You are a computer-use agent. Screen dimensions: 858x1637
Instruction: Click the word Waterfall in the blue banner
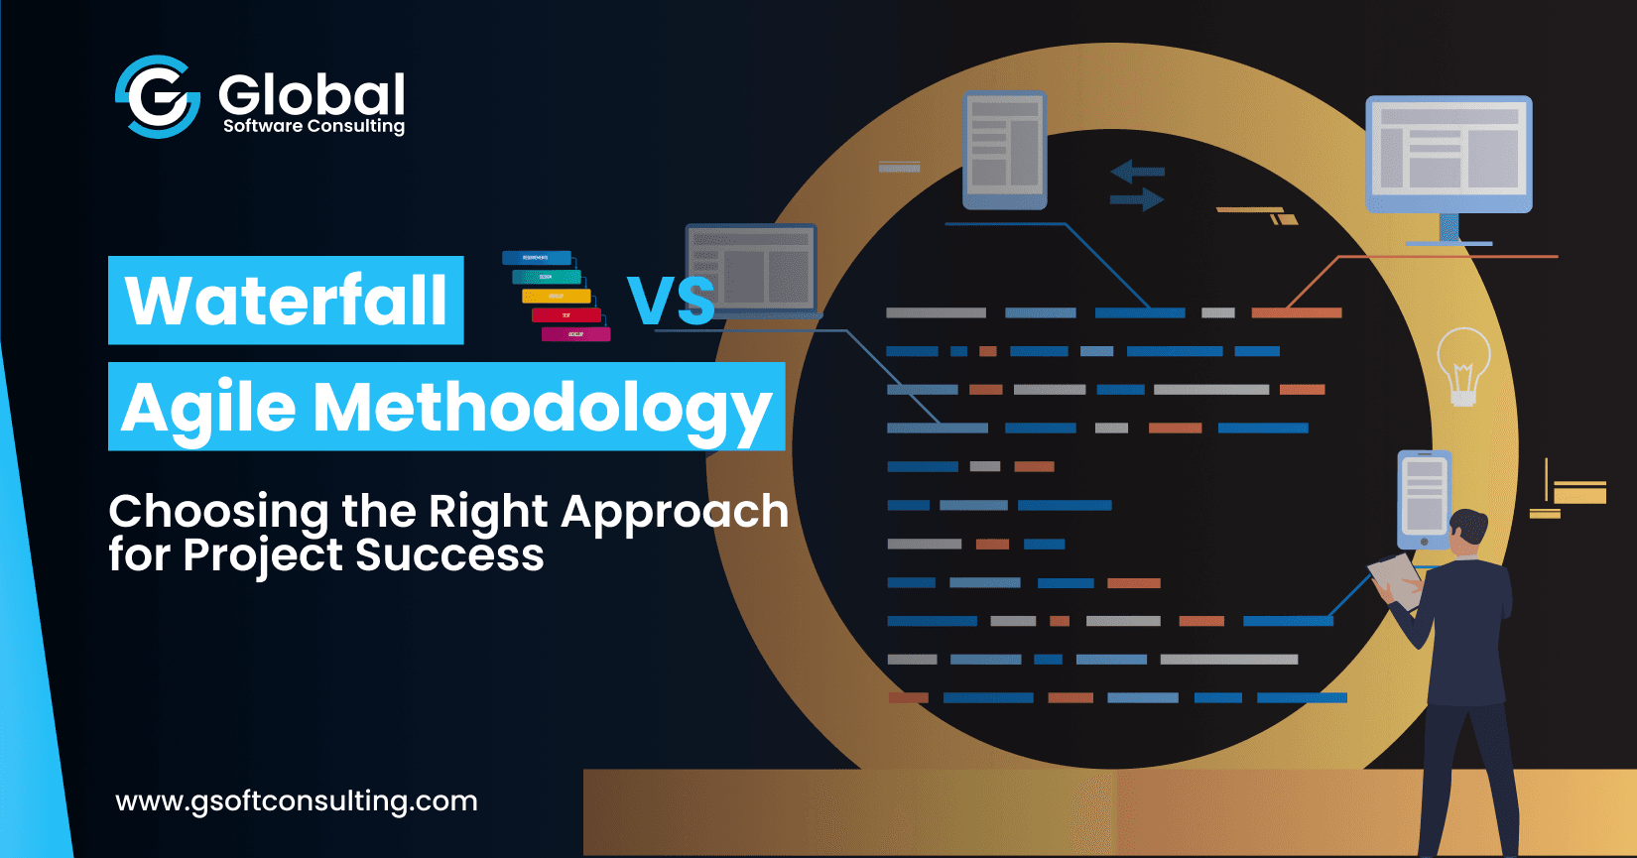(286, 301)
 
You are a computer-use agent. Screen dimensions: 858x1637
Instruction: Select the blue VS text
(671, 302)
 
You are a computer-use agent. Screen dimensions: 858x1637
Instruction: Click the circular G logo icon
(158, 96)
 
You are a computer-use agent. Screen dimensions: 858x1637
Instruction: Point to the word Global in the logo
(312, 94)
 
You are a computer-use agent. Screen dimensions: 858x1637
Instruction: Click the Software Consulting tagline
(314, 126)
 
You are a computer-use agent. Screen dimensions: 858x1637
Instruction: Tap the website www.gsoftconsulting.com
(297, 800)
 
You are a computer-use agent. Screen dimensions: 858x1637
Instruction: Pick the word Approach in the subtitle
(675, 512)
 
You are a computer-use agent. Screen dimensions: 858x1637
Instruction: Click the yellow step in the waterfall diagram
(556, 296)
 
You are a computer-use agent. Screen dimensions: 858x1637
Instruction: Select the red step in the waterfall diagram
(567, 315)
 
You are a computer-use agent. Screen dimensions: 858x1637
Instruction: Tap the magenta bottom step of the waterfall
(575, 334)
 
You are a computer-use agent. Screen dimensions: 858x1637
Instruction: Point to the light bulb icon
(1463, 365)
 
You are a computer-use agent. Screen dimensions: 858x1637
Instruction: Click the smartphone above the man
(1424, 499)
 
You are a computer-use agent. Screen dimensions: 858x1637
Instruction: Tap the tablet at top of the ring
(1004, 150)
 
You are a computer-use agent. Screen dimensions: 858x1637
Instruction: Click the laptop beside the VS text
(751, 270)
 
